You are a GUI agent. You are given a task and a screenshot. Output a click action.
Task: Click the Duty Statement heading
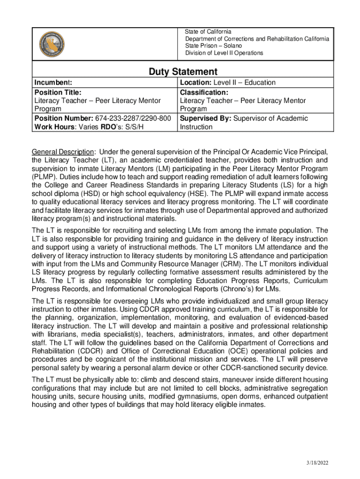pyautogui.click(x=183, y=72)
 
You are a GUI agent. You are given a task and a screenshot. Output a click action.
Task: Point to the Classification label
pyautogui.click(x=204, y=92)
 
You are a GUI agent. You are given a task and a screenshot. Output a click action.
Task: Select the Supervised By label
pyautogui.click(x=205, y=118)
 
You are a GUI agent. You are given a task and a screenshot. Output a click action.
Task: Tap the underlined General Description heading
pyautogui.click(x=62, y=152)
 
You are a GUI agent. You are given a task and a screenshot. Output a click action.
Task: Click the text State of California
pyautogui.click(x=208, y=32)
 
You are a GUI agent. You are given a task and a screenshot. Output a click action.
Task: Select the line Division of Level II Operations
pyautogui.click(x=224, y=53)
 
